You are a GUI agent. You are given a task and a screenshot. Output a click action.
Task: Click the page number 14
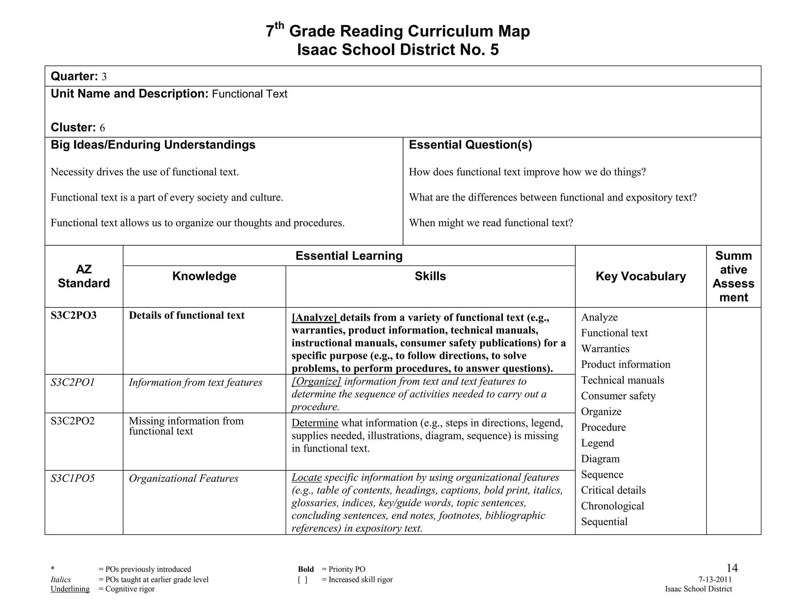coord(731,568)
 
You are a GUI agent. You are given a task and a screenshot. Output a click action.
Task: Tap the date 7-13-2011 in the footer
coord(715,580)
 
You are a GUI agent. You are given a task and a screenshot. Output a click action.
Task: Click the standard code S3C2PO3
coord(73,315)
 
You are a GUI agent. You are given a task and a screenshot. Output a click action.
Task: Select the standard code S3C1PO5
coord(73,478)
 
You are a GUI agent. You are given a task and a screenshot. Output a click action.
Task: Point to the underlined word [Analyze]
coord(315,318)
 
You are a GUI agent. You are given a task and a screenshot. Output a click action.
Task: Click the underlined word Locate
coord(306,477)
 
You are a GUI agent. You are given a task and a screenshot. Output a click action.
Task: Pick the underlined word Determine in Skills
coord(315,423)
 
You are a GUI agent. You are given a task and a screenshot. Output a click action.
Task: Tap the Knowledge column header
coord(204,276)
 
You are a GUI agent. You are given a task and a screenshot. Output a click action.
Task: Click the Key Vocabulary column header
coord(641,276)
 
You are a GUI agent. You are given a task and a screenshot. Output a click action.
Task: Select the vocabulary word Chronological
coord(612,506)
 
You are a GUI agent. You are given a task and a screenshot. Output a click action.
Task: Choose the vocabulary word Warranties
coord(605,349)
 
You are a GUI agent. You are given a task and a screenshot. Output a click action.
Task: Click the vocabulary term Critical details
coord(613,490)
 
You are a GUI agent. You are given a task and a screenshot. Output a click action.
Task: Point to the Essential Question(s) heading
coord(470,145)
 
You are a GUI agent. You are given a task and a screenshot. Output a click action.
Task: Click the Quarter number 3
coord(104,77)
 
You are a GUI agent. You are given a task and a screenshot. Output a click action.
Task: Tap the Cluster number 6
coord(102,128)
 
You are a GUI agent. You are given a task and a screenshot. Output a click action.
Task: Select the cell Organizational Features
coord(183,479)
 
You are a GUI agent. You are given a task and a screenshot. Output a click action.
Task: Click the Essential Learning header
coord(349,256)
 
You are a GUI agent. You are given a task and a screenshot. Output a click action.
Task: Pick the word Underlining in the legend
coord(70,589)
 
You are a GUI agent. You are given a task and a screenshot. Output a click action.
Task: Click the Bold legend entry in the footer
coord(305,570)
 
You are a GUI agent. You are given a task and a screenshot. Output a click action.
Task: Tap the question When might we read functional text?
coord(491,223)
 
